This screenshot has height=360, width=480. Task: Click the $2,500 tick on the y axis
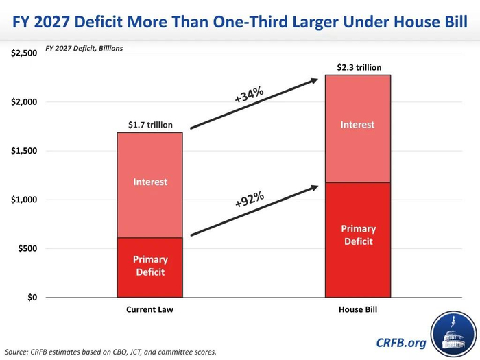23,53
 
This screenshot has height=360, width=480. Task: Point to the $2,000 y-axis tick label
23,102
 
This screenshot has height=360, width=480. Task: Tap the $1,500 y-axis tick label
23,151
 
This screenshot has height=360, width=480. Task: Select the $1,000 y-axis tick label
23,200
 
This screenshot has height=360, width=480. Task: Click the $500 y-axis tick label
26,248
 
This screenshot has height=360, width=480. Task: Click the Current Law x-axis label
149,310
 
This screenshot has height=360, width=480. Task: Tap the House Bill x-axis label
357,310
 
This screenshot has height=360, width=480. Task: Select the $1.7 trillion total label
150,125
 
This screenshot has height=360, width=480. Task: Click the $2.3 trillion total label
357,67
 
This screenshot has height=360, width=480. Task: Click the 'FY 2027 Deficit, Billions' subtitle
84,49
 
